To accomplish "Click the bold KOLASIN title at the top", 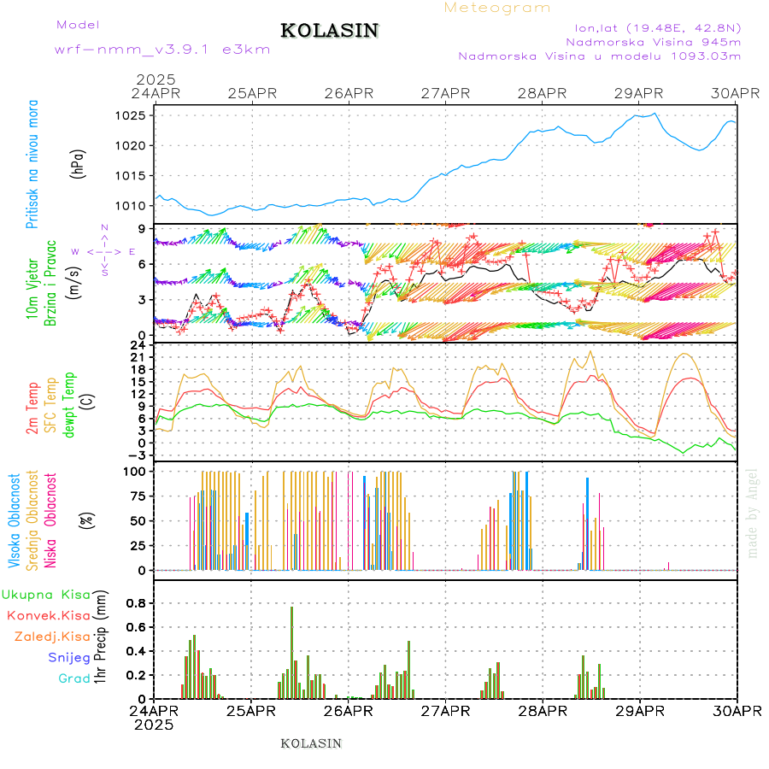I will [x=329, y=31].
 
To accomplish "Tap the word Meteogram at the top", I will [x=497, y=8].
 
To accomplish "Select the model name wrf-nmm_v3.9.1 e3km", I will [x=162, y=50].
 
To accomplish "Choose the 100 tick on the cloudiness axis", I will [x=137, y=471].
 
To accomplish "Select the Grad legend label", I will [x=73, y=678].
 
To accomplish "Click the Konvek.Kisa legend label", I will [x=48, y=615].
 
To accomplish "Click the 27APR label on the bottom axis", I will [x=444, y=711].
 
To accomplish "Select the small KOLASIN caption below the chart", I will [x=311, y=743].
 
